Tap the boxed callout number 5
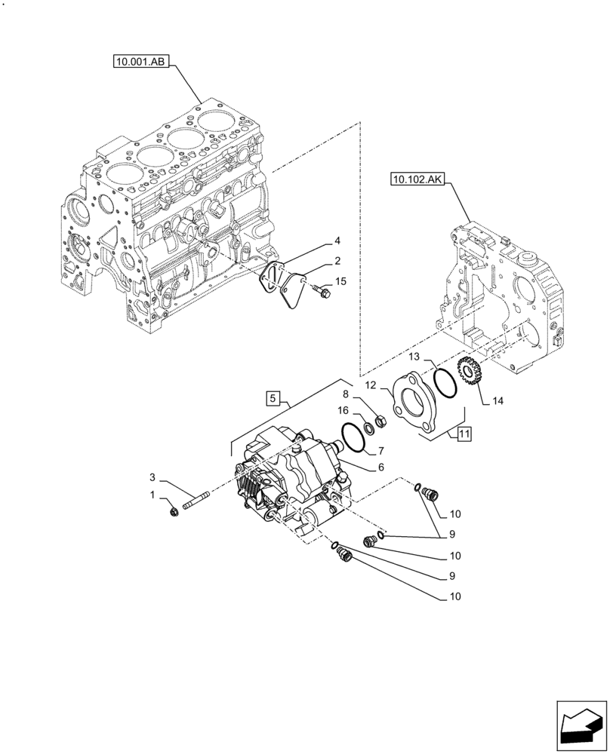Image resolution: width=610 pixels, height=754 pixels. tap(273, 396)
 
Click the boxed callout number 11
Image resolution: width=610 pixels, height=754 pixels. tap(464, 434)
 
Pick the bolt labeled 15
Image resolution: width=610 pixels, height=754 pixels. tap(324, 290)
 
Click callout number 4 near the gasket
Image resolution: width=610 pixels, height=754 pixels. tap(337, 242)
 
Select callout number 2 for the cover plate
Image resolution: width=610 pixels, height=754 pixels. tap(337, 261)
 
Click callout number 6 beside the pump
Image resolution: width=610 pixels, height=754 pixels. tap(382, 468)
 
